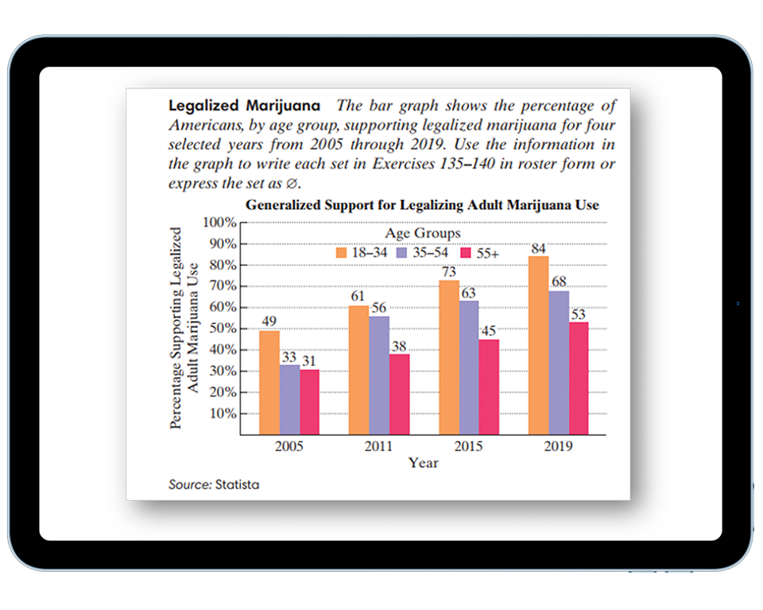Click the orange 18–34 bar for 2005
269,382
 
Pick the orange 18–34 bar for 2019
539,345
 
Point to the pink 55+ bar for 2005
309,402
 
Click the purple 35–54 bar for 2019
559,362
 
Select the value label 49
269,322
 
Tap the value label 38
399,346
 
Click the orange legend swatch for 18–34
342,253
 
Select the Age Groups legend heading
422,234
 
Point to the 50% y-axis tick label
222,328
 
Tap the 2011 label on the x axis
379,446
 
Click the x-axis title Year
423,462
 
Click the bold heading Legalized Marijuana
245,106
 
